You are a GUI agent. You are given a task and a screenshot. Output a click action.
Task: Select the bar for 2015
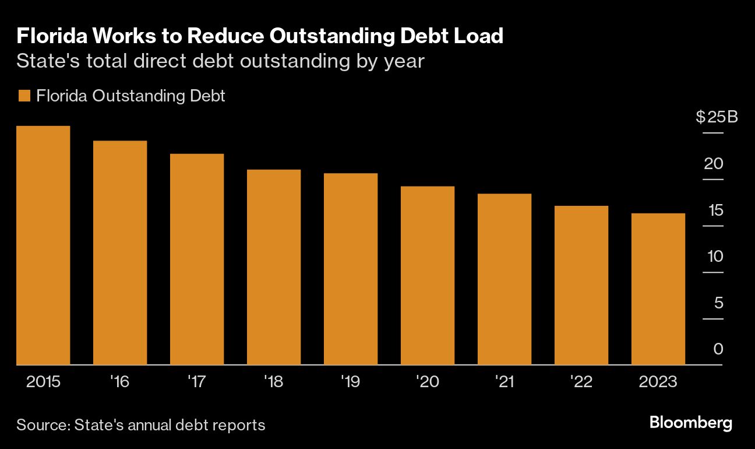pyautogui.click(x=43, y=245)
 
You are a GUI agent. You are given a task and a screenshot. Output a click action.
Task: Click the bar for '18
pyautogui.click(x=274, y=267)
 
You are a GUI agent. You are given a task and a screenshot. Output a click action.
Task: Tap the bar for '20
pyautogui.click(x=428, y=275)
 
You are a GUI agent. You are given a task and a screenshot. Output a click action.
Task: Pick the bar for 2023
pyautogui.click(x=658, y=289)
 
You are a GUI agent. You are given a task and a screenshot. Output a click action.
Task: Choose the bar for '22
pyautogui.click(x=581, y=285)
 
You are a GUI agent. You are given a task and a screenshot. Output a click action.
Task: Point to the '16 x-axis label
pyautogui.click(x=119, y=382)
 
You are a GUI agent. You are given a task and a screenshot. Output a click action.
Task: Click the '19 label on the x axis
pyautogui.click(x=350, y=382)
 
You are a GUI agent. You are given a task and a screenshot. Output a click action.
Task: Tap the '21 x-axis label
pyautogui.click(x=504, y=382)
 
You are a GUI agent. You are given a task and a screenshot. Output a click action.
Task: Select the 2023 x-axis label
pyautogui.click(x=658, y=382)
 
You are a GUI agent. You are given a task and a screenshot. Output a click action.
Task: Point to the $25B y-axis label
pyautogui.click(x=717, y=117)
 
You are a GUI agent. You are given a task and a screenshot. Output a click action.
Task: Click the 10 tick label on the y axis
pyautogui.click(x=713, y=256)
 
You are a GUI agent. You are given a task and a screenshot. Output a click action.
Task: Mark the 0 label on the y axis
pyautogui.click(x=718, y=349)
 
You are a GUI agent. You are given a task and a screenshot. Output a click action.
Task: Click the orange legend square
pyautogui.click(x=24, y=96)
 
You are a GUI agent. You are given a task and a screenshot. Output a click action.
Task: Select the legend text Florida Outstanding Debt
pyautogui.click(x=130, y=96)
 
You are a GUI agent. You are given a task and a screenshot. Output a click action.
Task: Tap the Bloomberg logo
pyautogui.click(x=690, y=423)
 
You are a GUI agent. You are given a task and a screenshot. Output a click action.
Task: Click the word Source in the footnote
pyautogui.click(x=42, y=425)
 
